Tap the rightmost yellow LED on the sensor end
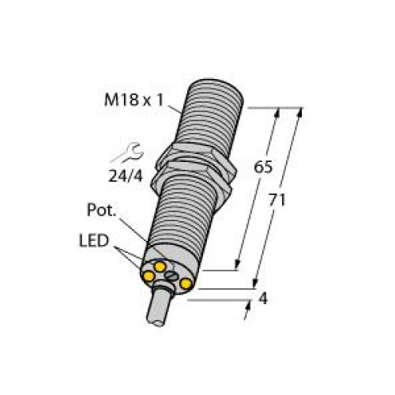click(187, 284)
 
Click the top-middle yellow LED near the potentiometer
click(160, 268)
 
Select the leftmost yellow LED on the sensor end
click(149, 275)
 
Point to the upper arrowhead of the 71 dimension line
click(298, 112)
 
